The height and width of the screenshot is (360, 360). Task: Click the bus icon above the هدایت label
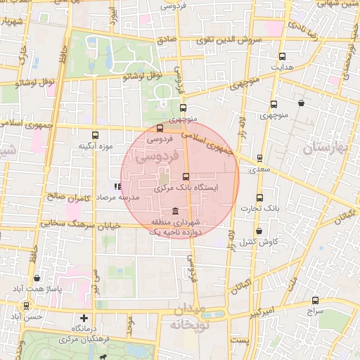pos(283,56)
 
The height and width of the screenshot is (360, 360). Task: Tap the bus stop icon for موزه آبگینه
pos(96,135)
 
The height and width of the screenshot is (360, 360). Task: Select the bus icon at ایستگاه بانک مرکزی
pos(186,177)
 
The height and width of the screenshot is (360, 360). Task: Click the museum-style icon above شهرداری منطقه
pos(174,212)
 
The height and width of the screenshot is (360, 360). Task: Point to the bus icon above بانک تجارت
pos(260,198)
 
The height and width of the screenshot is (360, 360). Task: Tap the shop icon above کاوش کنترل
pos(259,231)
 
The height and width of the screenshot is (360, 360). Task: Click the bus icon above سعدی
pos(260,159)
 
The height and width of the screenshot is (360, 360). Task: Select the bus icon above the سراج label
pos(315,301)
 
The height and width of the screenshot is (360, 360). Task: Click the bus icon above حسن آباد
pos(27,306)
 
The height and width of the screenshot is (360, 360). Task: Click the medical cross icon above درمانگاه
pos(84,319)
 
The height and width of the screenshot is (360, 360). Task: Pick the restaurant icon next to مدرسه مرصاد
pos(117,187)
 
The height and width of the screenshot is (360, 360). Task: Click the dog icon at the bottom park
pos(104,356)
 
